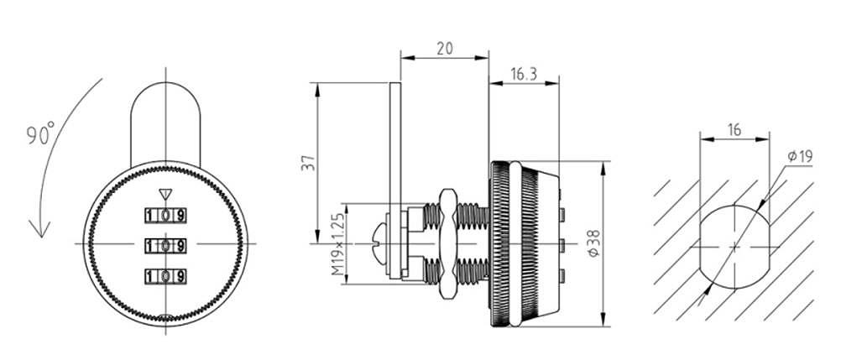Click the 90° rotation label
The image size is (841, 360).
tap(39, 134)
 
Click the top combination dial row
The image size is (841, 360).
tap(165, 215)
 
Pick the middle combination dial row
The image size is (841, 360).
tap(165, 246)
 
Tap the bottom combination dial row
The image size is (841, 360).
tap(165, 275)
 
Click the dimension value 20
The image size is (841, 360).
tap(445, 49)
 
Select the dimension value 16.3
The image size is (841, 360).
tap(523, 74)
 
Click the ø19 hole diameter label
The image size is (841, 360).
tap(799, 157)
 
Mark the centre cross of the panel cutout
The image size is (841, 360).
tap(734, 247)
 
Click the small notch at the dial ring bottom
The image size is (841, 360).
tap(165, 318)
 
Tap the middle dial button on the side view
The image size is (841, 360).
tap(560, 245)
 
